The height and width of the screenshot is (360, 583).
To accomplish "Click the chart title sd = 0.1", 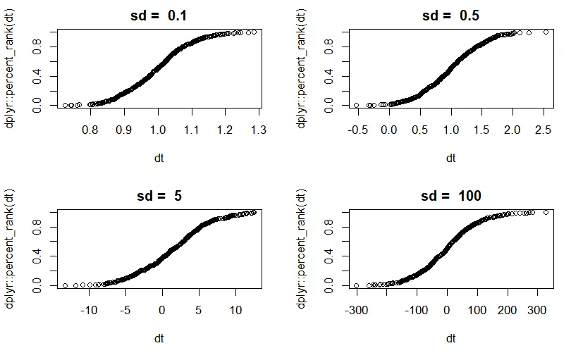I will [159, 15].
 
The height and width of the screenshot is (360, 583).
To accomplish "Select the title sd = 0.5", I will [450, 15].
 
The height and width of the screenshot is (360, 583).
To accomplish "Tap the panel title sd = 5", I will [159, 196].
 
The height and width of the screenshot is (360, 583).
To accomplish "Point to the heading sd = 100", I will [450, 196].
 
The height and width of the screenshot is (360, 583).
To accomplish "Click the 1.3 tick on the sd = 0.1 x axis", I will [258, 130].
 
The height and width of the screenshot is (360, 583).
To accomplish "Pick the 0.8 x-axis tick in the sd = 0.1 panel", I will [90, 130].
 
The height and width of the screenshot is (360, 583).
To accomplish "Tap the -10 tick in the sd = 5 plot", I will [88, 310].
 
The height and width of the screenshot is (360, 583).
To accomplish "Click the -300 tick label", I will [356, 310].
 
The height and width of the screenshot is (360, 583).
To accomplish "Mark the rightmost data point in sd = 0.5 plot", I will [546, 32].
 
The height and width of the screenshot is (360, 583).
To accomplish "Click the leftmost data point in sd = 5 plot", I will [65, 285].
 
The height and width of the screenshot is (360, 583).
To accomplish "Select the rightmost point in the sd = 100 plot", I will [546, 212].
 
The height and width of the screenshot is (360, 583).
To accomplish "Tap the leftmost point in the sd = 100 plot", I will [356, 285].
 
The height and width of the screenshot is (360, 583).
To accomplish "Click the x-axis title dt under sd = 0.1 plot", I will [159, 158].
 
